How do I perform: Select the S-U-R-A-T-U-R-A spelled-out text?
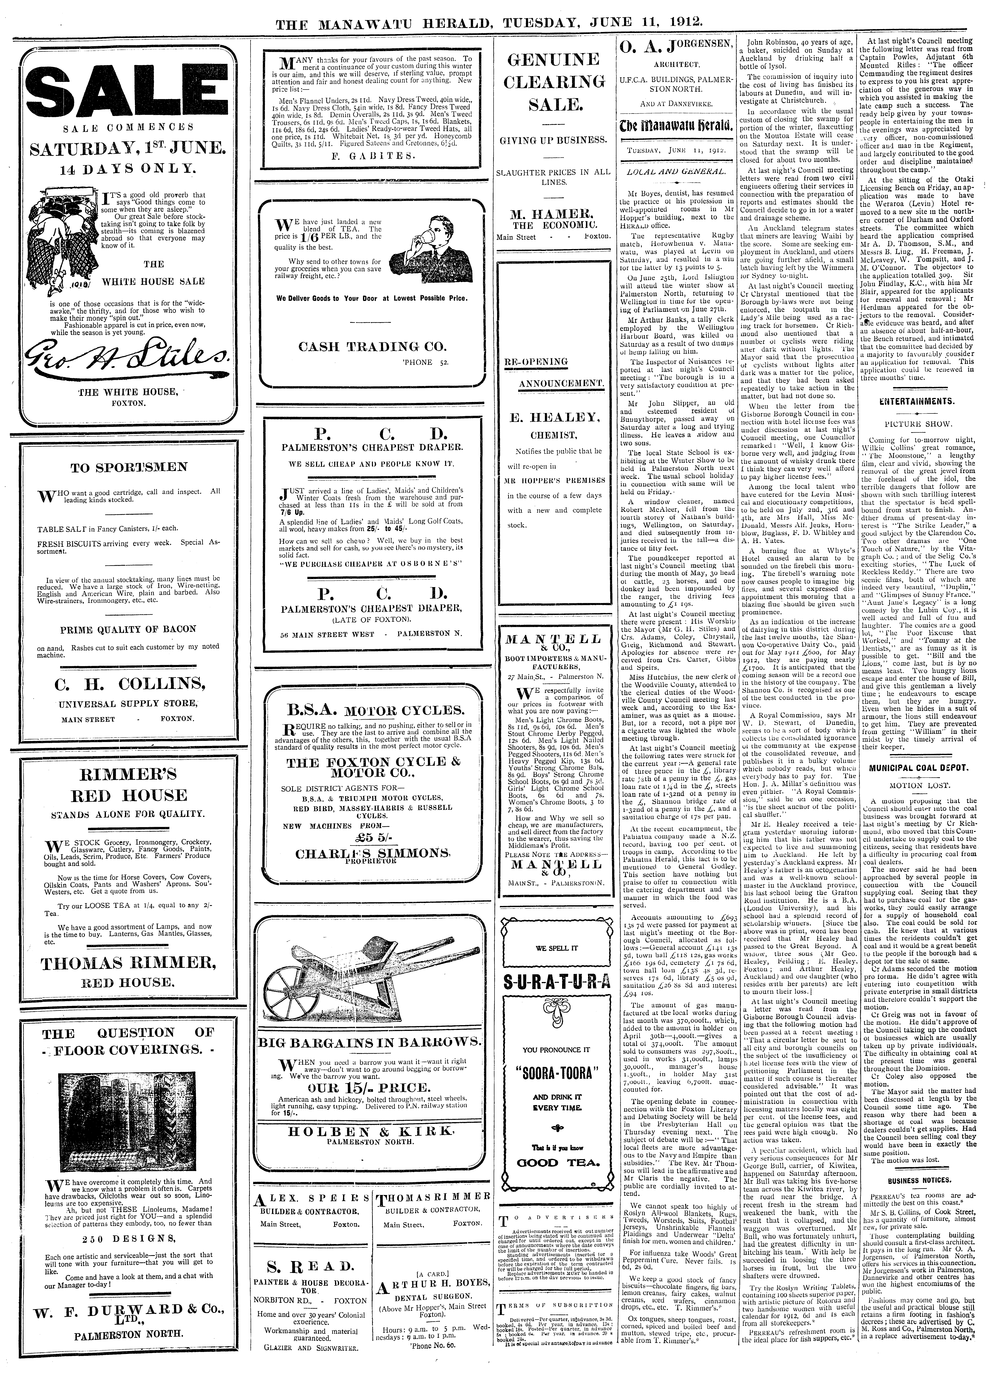(x=555, y=980)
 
